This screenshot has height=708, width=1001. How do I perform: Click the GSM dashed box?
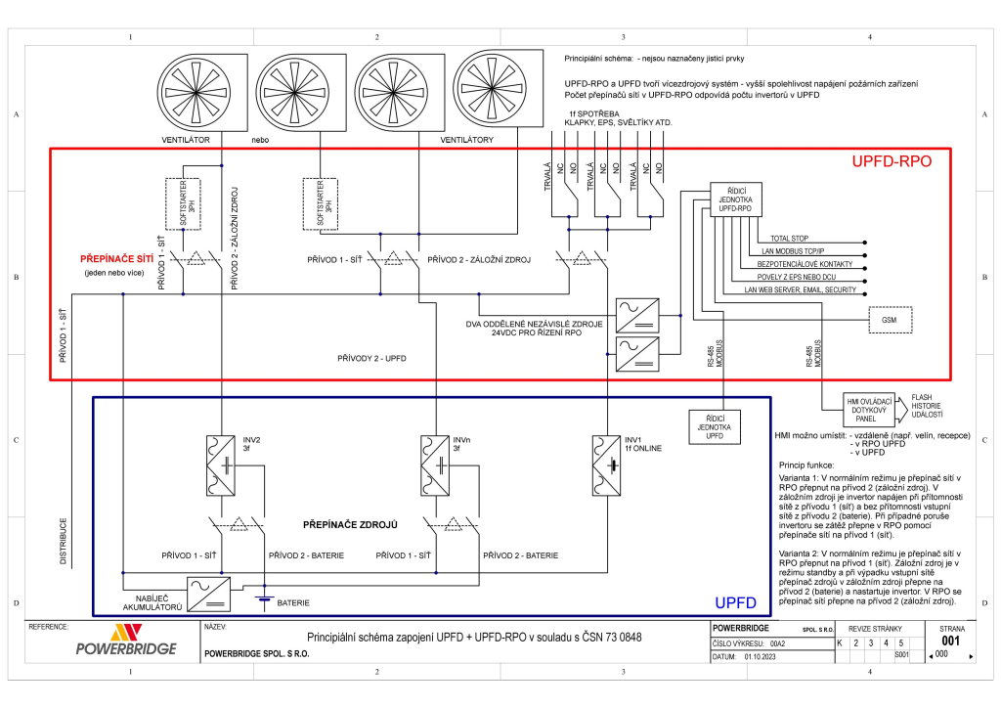point(890,320)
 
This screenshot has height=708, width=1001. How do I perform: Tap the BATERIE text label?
point(293,603)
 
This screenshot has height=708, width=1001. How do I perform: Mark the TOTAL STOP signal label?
point(789,239)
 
